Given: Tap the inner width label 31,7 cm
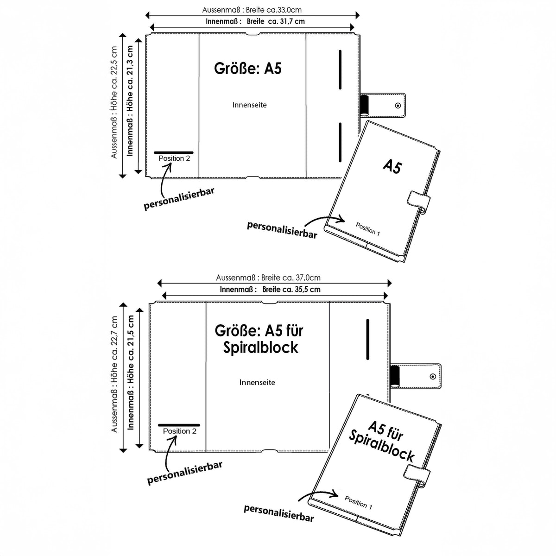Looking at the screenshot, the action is [292, 21].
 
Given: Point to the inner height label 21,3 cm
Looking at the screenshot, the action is [130, 64].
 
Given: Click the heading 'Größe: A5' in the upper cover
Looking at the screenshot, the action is [247, 69].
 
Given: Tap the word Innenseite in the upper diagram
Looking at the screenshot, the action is [249, 105].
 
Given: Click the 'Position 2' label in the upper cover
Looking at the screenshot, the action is [174, 158].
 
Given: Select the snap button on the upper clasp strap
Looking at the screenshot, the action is [398, 106].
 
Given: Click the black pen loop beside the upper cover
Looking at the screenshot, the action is [365, 105].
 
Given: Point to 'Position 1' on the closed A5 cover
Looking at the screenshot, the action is [368, 229].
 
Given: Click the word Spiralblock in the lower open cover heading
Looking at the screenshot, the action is [260, 347].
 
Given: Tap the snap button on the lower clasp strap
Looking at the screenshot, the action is [432, 377].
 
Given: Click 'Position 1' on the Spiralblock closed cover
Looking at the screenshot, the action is [358, 503].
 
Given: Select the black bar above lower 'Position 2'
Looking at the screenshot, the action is [179, 425].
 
